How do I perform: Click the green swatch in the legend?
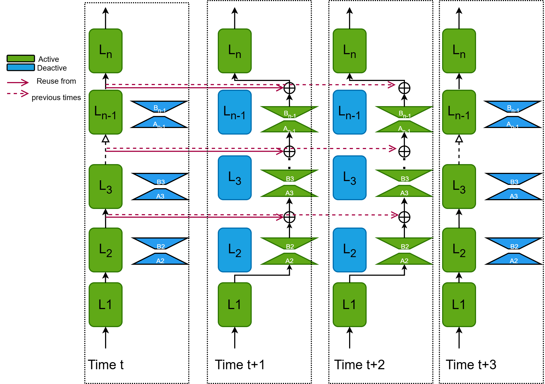(21, 59)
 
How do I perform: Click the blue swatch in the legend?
(21, 67)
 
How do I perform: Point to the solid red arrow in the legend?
(18, 82)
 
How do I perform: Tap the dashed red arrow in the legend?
(18, 94)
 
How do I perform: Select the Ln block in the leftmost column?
(106, 51)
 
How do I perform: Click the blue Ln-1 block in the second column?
(235, 112)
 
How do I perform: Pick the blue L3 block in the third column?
(350, 178)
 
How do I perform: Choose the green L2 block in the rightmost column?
(459, 250)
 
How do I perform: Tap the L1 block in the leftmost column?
(106, 305)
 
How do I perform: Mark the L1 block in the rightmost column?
(459, 305)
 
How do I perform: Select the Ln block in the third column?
(350, 51)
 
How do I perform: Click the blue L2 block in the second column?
(235, 250)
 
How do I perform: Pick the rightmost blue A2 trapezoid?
(514, 259)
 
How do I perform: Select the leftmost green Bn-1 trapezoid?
(289, 112)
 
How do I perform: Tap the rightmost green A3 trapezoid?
(404, 191)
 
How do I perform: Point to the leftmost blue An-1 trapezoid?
(159, 123)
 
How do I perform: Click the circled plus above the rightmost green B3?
(404, 152)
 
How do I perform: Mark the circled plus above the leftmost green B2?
(289, 217)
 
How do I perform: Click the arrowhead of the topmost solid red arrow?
(281, 88)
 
